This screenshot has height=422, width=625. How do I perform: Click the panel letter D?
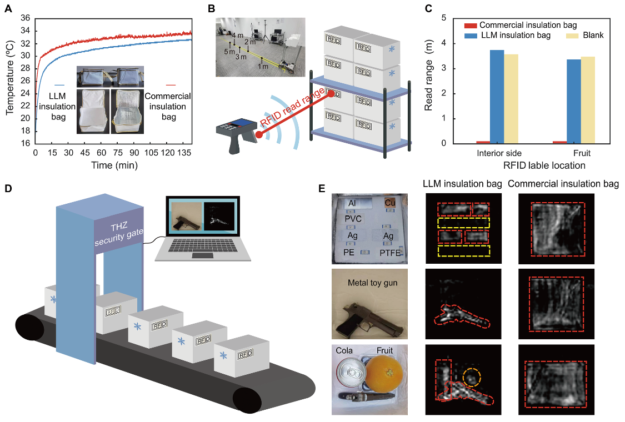8,188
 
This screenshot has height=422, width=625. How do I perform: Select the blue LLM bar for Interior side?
497,97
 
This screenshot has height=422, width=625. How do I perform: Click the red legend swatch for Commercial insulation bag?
470,25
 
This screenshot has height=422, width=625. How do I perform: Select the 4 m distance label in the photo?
237,36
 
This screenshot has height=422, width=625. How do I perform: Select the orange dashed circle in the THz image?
471,377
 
